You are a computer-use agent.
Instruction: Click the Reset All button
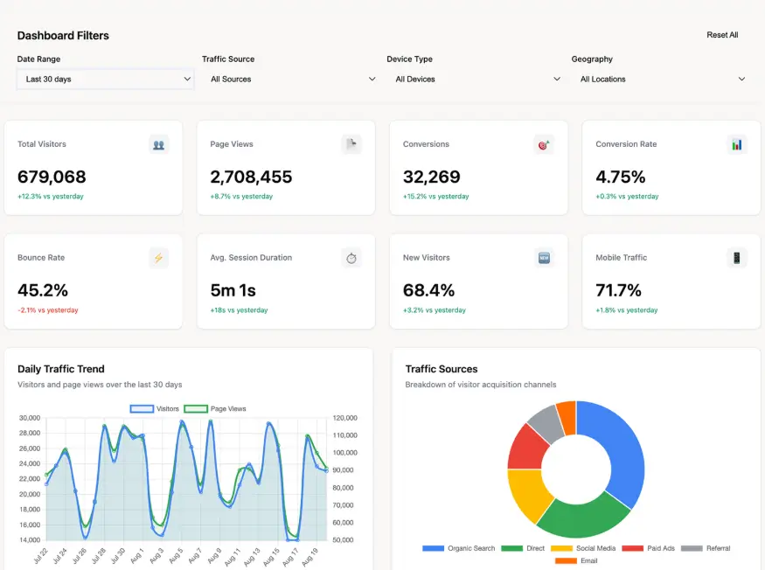pos(722,35)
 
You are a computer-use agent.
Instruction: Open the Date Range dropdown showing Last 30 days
pos(106,79)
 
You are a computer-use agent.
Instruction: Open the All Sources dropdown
pos(290,79)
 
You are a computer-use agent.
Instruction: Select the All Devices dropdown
pos(476,79)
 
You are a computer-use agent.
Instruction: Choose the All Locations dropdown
pos(660,79)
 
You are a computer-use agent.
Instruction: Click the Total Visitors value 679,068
pos(52,177)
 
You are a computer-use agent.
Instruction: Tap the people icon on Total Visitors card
pos(158,145)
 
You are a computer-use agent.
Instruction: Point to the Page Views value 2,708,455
pos(251,177)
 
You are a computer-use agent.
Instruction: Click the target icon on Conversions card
pos(544,145)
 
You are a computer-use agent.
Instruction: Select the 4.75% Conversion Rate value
pos(620,177)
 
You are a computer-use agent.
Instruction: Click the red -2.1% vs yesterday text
pos(48,309)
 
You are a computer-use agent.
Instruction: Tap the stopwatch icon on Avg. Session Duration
pos(351,258)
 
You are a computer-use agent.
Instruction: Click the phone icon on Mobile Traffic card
pos(737,258)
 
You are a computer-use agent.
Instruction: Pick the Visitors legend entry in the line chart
pos(155,409)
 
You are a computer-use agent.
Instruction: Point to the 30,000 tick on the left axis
pos(29,418)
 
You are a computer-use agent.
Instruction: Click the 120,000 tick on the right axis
pos(345,418)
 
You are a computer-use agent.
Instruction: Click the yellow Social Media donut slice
pos(527,494)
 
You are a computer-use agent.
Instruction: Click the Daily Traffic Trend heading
pos(61,369)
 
